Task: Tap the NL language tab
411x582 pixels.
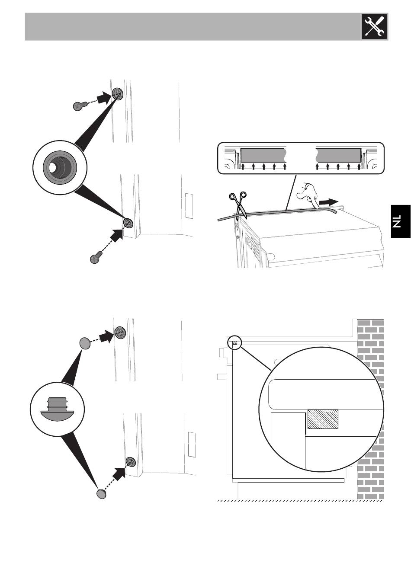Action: tap(400, 221)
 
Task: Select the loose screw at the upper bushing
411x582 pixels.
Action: tap(79, 105)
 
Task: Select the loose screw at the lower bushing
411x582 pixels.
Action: tap(95, 258)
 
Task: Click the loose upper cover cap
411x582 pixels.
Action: tap(85, 343)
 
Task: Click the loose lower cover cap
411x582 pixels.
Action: tap(101, 493)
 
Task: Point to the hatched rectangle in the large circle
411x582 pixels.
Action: tap(323, 419)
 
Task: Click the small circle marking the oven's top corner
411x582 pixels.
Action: tap(235, 343)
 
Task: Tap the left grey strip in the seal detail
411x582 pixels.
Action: tap(263, 155)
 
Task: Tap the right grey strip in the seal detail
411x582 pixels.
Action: tap(339, 155)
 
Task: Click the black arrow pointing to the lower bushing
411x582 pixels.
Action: tap(115, 235)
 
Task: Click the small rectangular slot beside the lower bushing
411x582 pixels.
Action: tap(188, 206)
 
